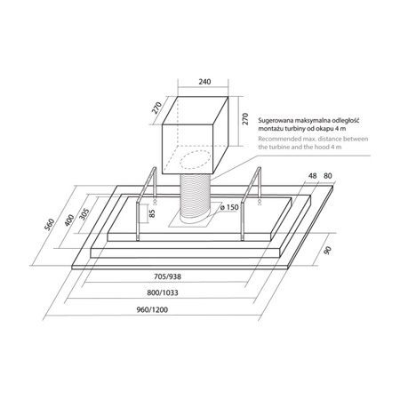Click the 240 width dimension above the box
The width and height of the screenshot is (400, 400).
pyautogui.click(x=204, y=82)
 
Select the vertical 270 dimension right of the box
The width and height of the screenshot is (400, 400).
pyautogui.click(x=245, y=119)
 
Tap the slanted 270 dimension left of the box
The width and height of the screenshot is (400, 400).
pyautogui.click(x=156, y=108)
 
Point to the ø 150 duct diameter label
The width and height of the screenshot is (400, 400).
pyautogui.click(x=229, y=207)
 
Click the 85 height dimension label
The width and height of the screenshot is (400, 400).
pyautogui.click(x=152, y=213)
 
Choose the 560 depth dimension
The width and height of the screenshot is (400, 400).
pyautogui.click(x=50, y=224)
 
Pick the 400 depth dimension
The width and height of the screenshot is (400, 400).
pyautogui.click(x=69, y=220)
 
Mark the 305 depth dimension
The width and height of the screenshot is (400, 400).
pyautogui.click(x=84, y=214)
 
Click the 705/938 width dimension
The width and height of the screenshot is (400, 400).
pyautogui.click(x=167, y=276)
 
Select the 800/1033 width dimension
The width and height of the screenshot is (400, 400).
pyautogui.click(x=163, y=292)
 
